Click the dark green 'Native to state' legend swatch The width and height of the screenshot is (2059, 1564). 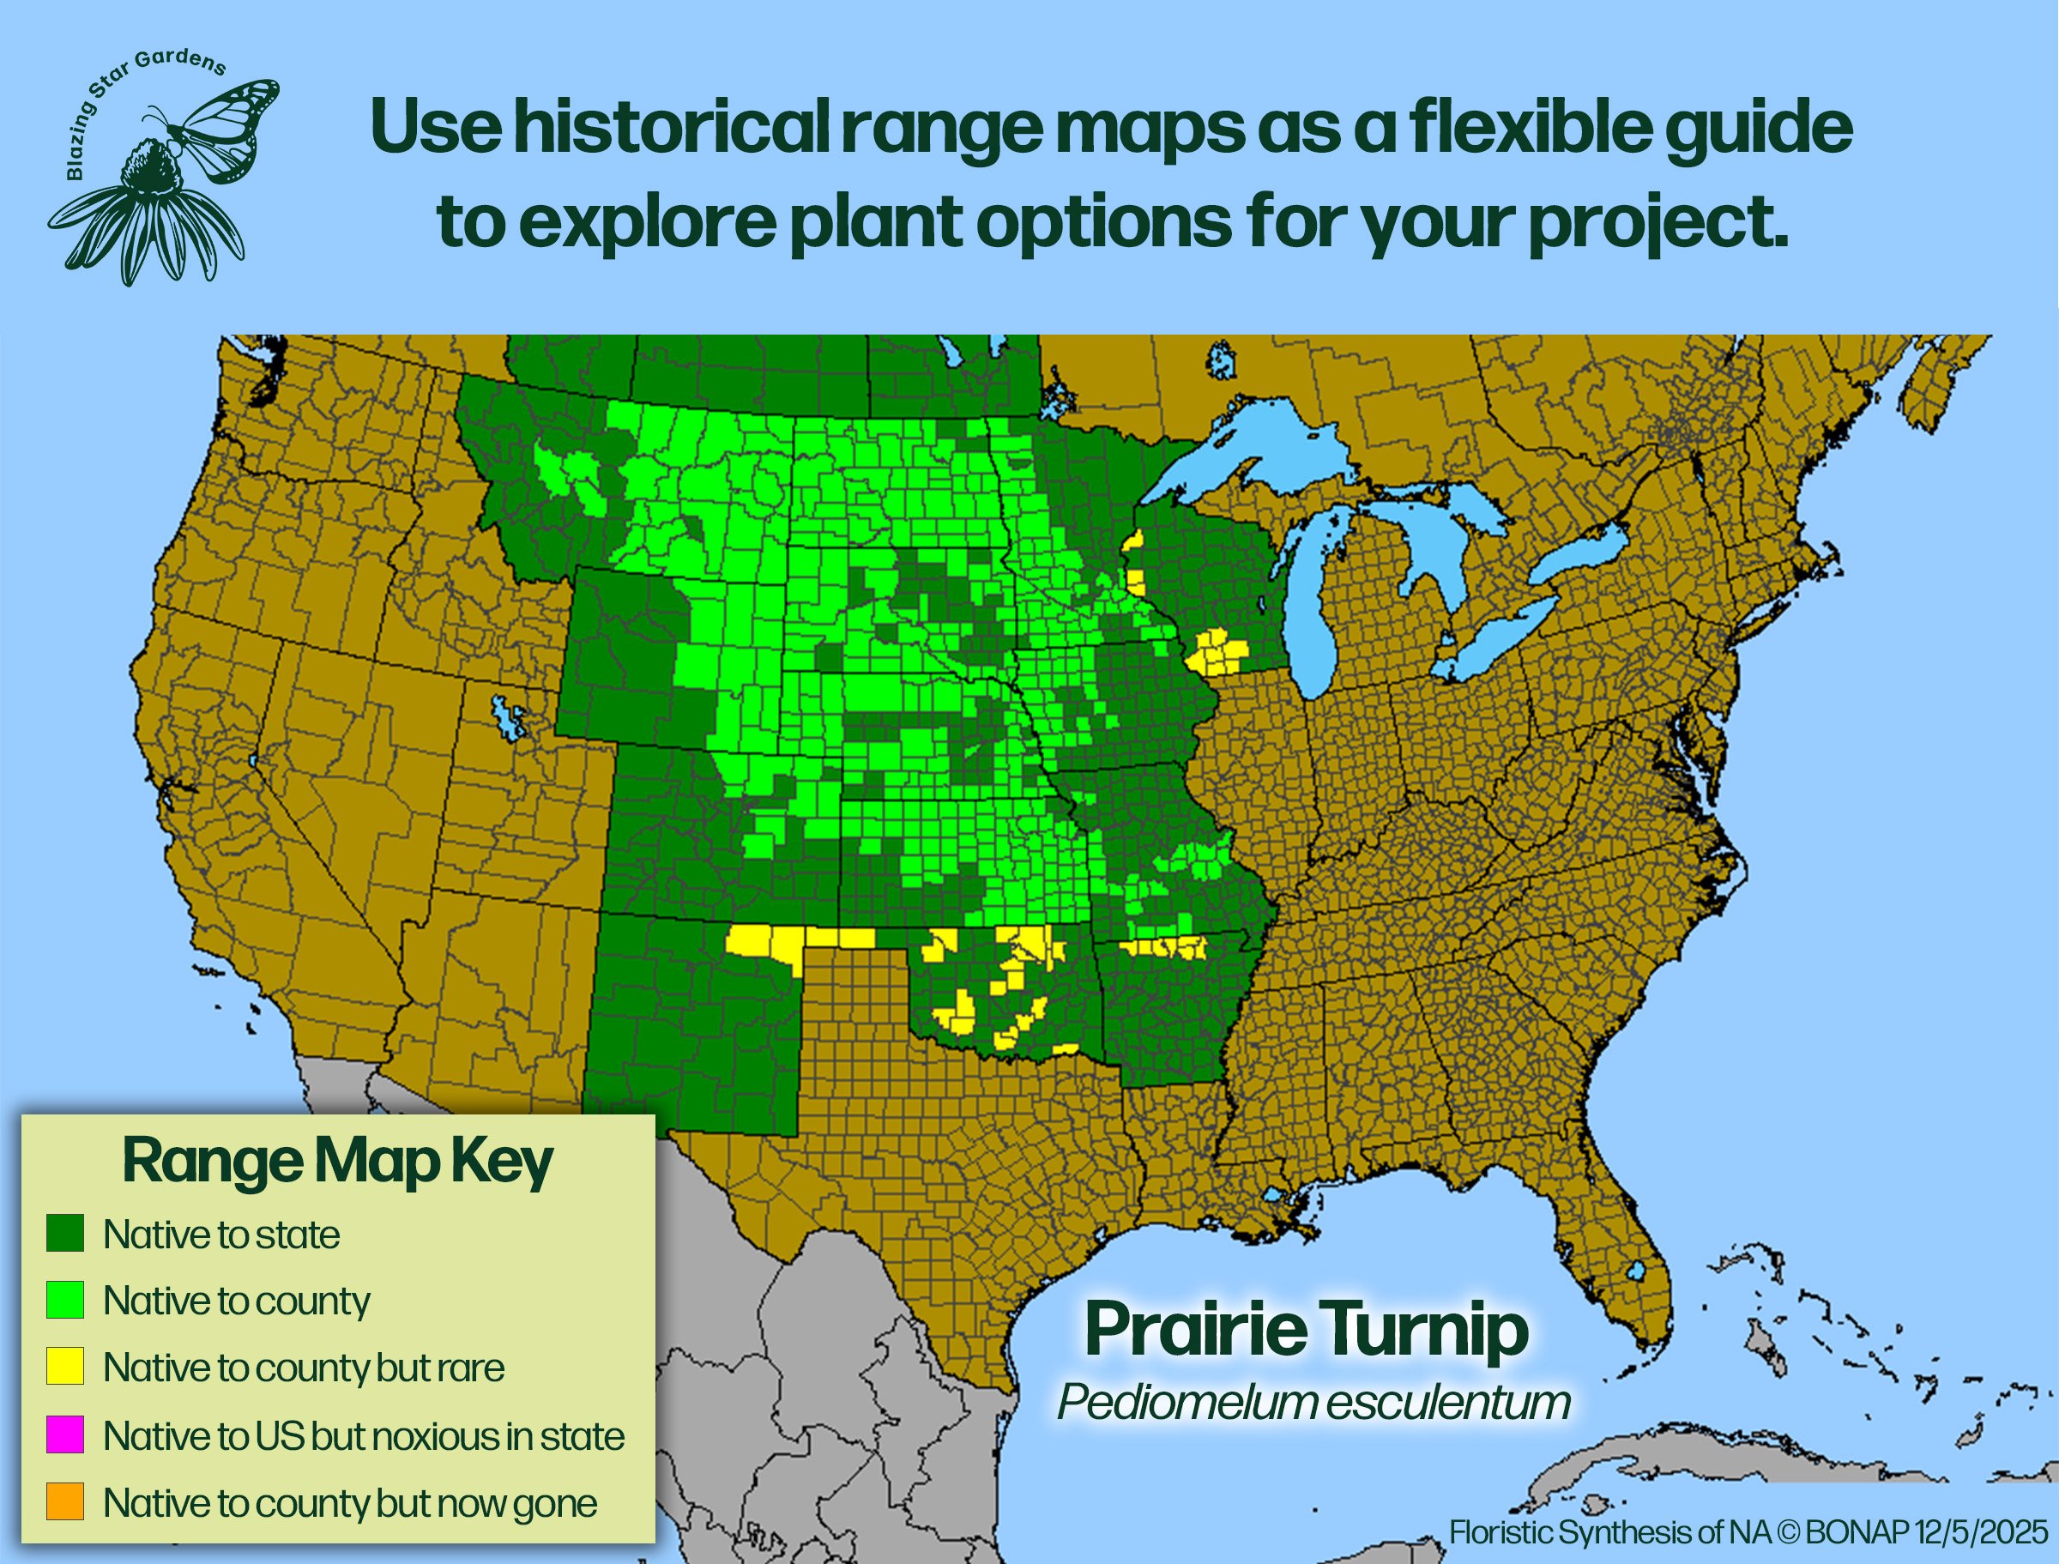click(65, 1233)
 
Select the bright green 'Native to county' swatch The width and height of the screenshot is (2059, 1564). click(65, 1300)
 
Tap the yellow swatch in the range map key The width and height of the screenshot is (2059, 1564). click(65, 1366)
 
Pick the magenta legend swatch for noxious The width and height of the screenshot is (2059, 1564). click(65, 1434)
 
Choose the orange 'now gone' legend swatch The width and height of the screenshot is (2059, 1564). click(65, 1501)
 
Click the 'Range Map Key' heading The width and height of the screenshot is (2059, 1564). click(338, 1162)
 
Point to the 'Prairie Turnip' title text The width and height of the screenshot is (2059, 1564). click(1306, 1332)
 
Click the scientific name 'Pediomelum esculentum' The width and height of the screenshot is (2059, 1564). click(1313, 1403)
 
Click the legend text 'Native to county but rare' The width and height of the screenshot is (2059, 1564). click(304, 1368)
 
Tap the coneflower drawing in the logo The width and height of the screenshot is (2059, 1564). click(149, 214)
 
